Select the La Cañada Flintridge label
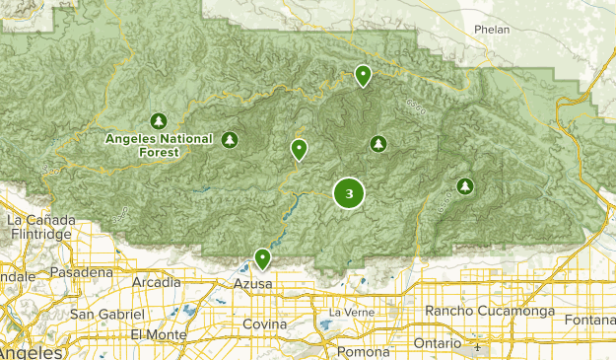point(40,227)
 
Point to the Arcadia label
point(157,282)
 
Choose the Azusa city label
point(251,284)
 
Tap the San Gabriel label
point(107,314)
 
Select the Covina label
point(265,324)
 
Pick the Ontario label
point(438,343)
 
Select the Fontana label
point(589,320)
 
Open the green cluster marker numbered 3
point(349,193)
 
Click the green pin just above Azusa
point(262,258)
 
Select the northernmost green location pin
point(364,74)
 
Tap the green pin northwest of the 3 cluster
point(299,149)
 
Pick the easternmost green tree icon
point(465,185)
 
